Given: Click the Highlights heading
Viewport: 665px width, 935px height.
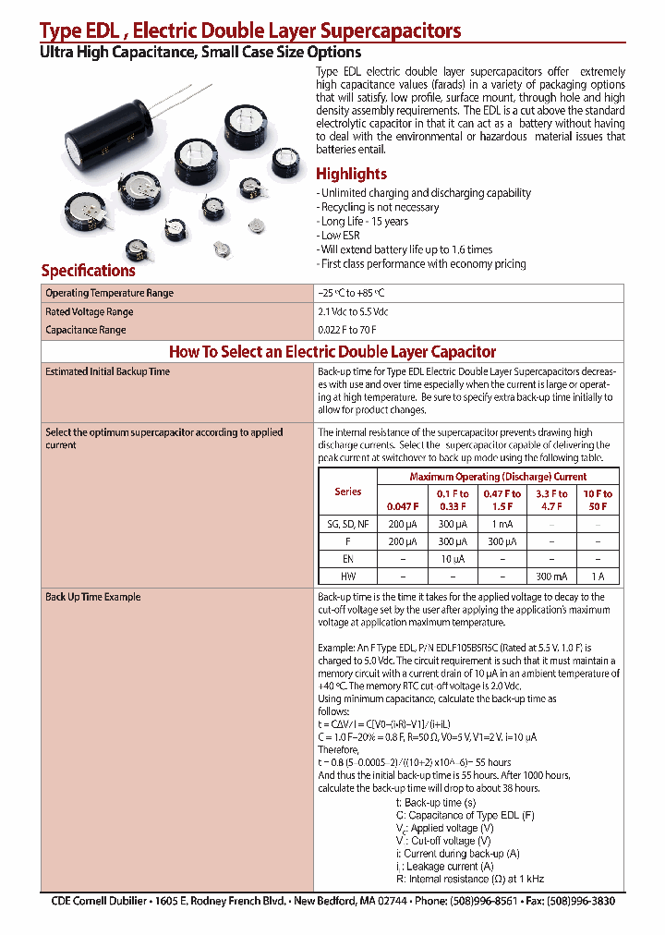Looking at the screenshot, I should (x=351, y=174).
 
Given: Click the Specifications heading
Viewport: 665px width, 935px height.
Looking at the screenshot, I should (x=88, y=271).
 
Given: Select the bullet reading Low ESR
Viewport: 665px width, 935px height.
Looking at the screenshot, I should (x=340, y=236).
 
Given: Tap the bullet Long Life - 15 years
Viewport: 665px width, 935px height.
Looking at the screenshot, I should (x=364, y=222).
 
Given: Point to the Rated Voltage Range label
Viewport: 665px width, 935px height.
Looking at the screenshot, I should (x=90, y=312).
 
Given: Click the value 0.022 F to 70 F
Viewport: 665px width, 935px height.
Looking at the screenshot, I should (x=347, y=330).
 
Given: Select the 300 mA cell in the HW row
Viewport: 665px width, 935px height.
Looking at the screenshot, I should (x=553, y=576).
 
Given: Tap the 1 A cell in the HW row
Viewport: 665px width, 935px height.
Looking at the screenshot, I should (x=598, y=576).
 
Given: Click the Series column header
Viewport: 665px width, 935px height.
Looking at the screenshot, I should (x=348, y=492).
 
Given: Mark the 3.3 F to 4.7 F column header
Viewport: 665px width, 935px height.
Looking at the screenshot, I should (x=553, y=500).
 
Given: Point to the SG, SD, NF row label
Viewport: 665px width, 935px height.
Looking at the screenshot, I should (x=348, y=524).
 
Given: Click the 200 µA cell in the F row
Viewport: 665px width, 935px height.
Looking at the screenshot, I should (x=402, y=541).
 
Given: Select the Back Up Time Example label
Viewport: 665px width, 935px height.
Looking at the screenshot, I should (x=93, y=598).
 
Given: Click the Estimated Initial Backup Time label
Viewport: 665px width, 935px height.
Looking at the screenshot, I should (x=108, y=371).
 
